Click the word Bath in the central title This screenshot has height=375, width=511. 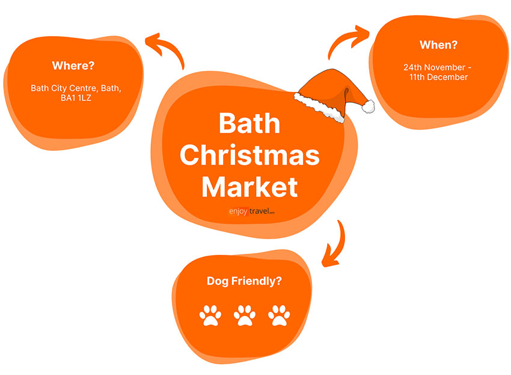click(249, 123)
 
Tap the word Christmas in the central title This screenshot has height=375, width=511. click(249, 155)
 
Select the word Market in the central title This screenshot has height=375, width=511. click(249, 187)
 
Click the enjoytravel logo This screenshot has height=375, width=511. click(251, 212)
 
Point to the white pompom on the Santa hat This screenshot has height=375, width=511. click(369, 106)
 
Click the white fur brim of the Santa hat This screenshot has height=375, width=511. click(319, 107)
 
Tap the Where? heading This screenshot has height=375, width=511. click(73, 66)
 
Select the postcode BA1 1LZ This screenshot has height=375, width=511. click(76, 98)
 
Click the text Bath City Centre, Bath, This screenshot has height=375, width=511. click(76, 88)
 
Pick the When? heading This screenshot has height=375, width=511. click(439, 44)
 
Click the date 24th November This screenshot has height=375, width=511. click(434, 67)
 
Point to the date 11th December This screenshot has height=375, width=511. click(439, 77)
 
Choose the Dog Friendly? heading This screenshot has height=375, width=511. click(245, 281)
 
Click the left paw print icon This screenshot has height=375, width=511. click(210, 316)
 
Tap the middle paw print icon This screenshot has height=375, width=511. click(245, 316)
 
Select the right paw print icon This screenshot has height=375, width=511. click(279, 316)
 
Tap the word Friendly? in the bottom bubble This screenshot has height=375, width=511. click(257, 281)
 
